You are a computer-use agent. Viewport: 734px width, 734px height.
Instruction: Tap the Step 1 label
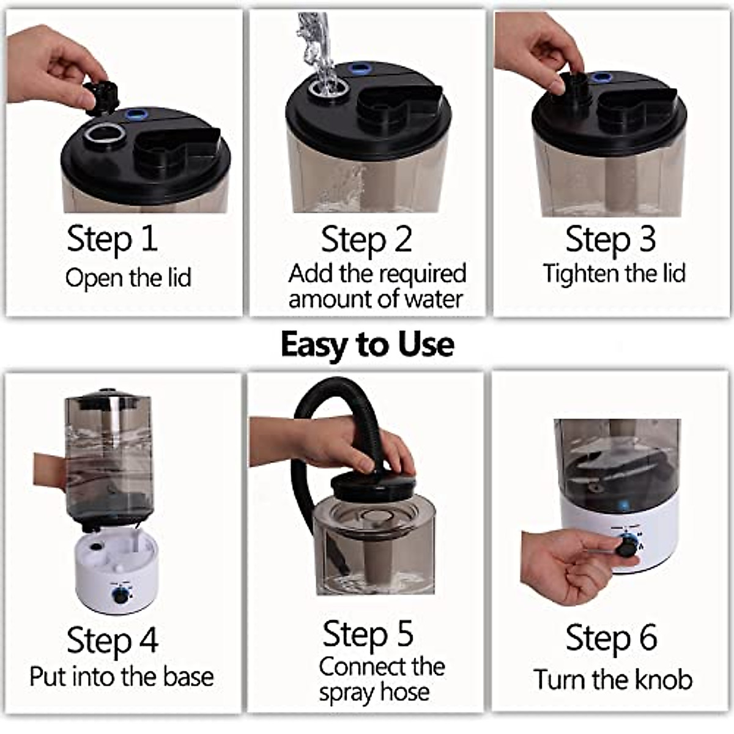(112, 239)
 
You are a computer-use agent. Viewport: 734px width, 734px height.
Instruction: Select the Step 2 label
(366, 240)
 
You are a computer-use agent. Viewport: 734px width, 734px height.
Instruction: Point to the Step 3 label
(610, 240)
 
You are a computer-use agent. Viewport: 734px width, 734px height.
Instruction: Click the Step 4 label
(113, 640)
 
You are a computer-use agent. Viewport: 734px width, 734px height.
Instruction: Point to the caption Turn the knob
(613, 680)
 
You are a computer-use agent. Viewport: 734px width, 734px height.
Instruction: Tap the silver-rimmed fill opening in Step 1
(104, 135)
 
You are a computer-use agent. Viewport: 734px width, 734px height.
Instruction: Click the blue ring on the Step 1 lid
(135, 113)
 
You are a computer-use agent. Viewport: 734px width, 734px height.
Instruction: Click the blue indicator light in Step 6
(623, 505)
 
